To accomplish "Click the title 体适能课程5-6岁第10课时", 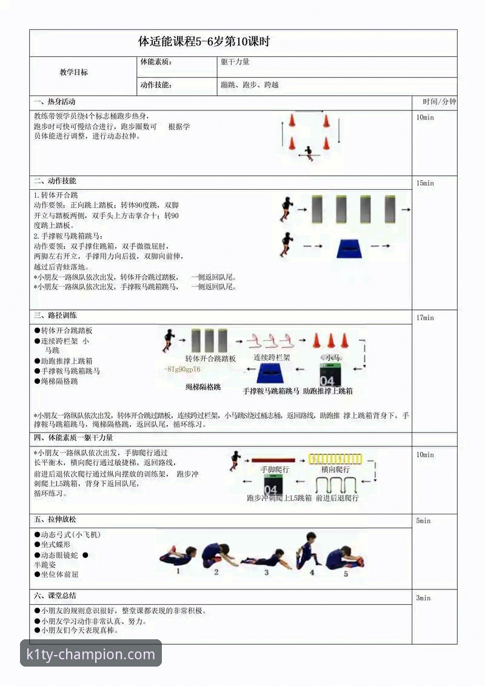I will click(204, 42).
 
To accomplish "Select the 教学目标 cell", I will click(73, 72).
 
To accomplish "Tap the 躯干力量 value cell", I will click(235, 62).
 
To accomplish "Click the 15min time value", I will click(425, 183).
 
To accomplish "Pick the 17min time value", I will click(425, 318).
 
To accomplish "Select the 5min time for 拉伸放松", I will click(423, 521).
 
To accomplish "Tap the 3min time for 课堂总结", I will click(423, 598).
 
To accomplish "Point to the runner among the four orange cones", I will click(309, 153).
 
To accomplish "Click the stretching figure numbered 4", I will click(309, 551).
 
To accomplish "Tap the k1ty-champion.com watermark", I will click(91, 654).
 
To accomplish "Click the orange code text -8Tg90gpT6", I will click(182, 369).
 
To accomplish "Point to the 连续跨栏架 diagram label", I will click(272, 358).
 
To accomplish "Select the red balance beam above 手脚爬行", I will click(273, 460).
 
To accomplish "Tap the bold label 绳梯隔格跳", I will click(203, 386).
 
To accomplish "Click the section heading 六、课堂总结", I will click(55, 596).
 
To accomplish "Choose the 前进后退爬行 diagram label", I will click(337, 498).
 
